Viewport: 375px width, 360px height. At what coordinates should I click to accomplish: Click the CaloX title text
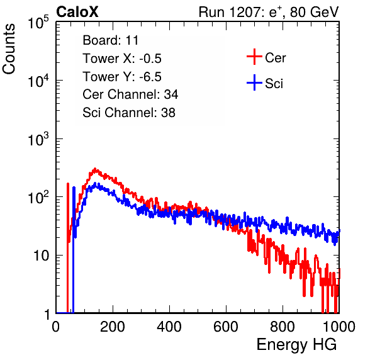[77, 12]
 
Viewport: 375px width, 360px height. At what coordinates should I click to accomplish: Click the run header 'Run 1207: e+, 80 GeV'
[269, 12]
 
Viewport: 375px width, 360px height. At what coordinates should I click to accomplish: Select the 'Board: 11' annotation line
[111, 40]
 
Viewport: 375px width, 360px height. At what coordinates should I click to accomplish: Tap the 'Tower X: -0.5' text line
[122, 59]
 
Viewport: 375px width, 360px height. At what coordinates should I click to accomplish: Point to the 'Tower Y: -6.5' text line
[122, 77]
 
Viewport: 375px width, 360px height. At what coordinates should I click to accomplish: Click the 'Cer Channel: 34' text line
[130, 94]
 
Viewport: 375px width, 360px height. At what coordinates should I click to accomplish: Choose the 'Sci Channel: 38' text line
[129, 113]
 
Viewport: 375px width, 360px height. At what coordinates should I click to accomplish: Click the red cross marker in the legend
[254, 57]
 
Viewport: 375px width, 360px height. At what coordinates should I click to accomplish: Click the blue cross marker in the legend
[254, 82]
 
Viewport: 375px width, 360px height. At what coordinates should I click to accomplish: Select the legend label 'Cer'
[275, 58]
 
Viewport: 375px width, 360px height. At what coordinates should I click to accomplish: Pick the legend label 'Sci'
[274, 84]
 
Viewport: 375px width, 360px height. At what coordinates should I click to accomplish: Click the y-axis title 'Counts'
[9, 48]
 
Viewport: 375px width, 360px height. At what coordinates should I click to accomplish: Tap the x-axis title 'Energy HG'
[296, 345]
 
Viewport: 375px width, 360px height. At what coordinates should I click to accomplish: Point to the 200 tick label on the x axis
[113, 327]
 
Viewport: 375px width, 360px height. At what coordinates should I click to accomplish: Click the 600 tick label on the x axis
[226, 327]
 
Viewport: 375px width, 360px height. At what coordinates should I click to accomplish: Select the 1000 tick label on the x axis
[339, 327]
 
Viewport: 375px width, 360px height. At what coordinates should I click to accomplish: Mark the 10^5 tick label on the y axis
[38, 23]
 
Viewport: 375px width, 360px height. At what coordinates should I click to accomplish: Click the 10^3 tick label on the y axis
[38, 139]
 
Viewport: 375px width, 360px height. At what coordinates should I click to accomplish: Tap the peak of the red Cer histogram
[95, 169]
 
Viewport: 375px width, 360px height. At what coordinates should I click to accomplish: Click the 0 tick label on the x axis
[55, 327]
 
